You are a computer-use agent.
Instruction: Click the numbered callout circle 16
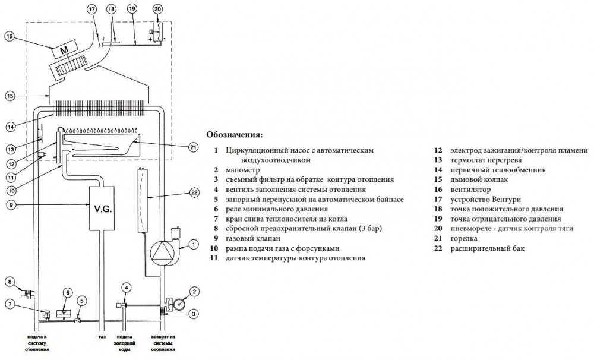[x=9, y=36]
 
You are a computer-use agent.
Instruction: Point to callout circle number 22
[x=194, y=192]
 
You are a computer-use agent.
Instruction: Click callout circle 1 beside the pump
[x=193, y=242]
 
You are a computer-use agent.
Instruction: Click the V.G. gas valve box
[x=103, y=210]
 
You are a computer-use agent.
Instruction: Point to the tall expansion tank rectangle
[x=144, y=200]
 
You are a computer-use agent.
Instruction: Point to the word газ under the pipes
[x=103, y=339]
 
